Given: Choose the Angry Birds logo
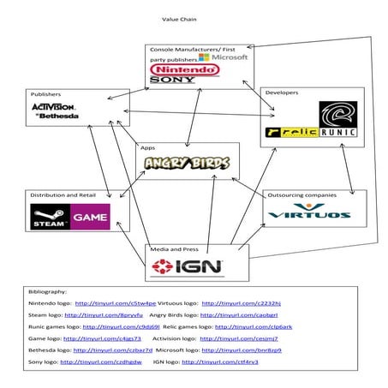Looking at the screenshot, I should click(x=188, y=163).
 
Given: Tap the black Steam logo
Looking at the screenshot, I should click(x=49, y=217).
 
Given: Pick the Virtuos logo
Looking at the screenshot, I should click(x=308, y=211).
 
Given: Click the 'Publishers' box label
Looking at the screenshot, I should click(x=45, y=94).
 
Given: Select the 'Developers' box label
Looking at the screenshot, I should click(x=282, y=92).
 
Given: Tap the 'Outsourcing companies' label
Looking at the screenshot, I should click(x=299, y=195).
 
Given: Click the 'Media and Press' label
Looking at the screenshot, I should click(x=173, y=249).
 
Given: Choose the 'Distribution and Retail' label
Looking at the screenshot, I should click(x=62, y=195).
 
